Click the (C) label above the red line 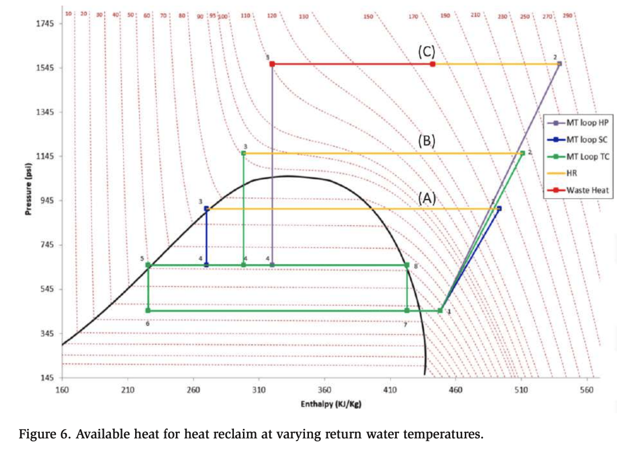click(426, 51)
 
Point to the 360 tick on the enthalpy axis click(325, 389)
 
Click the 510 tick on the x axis click(521, 389)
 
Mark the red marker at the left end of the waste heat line click(272, 64)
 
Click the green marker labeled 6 click(148, 311)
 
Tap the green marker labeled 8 click(407, 265)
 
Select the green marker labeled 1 click(440, 311)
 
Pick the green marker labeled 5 click(148, 265)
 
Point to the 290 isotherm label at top click(568, 16)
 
